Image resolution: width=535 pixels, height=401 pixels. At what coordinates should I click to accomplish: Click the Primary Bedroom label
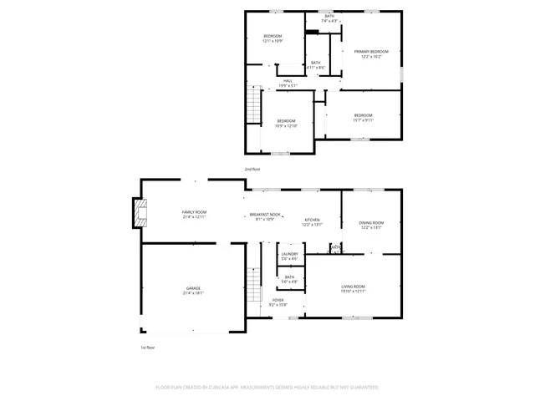point(371,52)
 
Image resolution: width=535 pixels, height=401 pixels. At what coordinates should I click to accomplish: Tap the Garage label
point(193,288)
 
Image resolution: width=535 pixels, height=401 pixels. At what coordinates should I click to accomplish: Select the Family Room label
point(194,212)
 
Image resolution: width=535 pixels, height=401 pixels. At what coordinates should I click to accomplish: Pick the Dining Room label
point(371,223)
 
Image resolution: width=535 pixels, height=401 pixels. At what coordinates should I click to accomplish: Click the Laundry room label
point(290,254)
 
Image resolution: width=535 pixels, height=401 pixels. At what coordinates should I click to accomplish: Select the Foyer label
point(278,300)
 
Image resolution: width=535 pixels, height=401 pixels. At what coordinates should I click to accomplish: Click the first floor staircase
point(254,287)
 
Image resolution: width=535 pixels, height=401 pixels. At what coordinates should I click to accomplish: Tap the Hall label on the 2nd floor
point(287,81)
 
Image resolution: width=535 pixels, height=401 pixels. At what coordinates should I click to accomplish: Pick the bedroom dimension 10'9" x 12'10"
point(286,125)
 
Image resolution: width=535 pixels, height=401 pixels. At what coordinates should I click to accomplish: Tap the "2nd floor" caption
point(252,170)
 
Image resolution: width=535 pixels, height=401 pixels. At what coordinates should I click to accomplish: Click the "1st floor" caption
point(147,347)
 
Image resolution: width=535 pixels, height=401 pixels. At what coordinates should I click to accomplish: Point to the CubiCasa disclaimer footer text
point(267,388)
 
